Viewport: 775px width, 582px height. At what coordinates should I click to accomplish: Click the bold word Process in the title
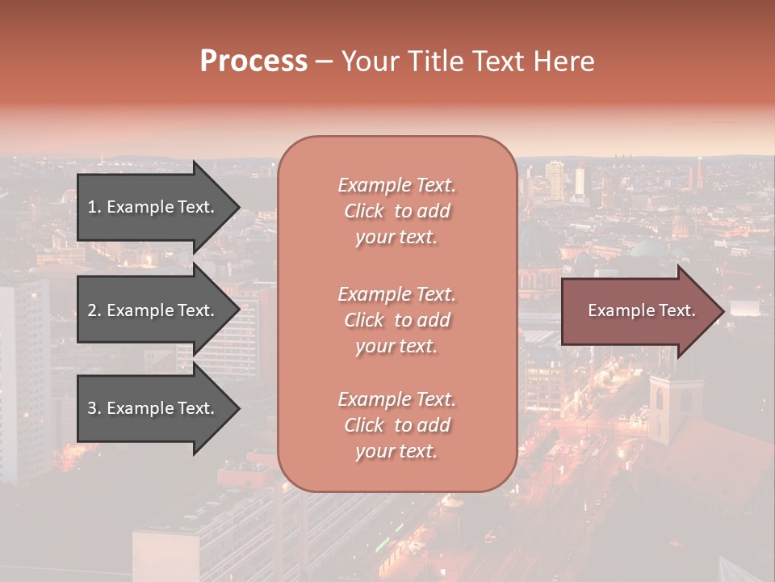tap(253, 61)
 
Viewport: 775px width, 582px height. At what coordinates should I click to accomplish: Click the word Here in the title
tap(564, 61)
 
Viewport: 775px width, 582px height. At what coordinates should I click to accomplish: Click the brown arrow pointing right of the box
tap(638, 310)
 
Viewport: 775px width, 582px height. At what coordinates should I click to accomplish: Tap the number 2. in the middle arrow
tap(94, 310)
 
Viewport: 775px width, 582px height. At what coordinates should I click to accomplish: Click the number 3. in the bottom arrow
tap(94, 408)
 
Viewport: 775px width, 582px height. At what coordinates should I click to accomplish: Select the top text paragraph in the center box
tap(396, 211)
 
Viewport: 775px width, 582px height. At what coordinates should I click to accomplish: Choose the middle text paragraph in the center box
tap(396, 320)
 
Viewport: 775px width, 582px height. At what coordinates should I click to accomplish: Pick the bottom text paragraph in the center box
tap(396, 425)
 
